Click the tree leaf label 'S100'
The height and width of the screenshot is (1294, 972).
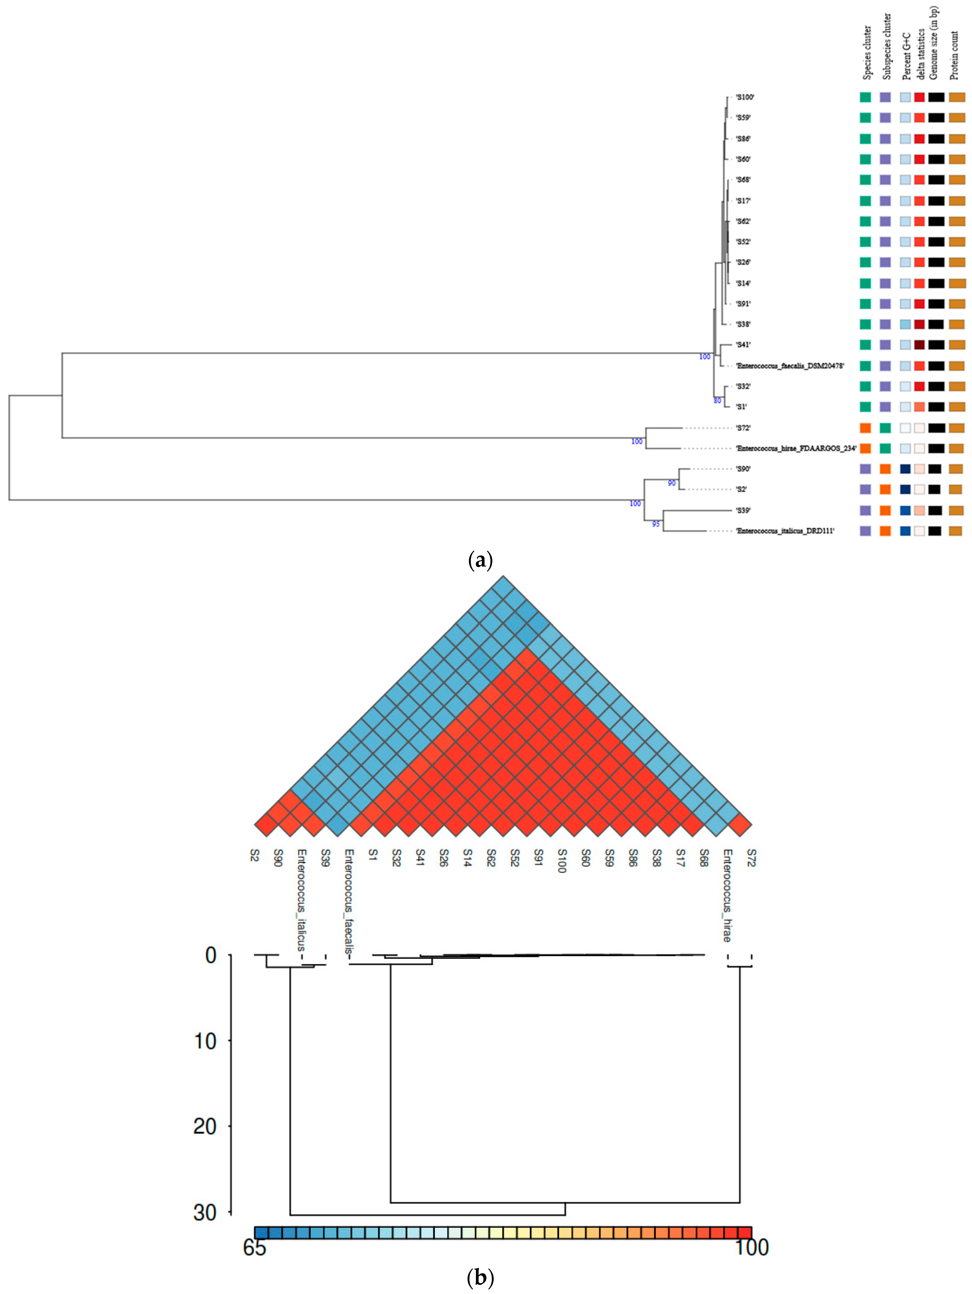(x=745, y=97)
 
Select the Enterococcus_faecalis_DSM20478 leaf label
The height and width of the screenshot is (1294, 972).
(x=790, y=365)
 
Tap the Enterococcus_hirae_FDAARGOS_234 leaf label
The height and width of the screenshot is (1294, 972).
(x=796, y=449)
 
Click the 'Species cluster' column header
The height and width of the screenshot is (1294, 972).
(x=867, y=53)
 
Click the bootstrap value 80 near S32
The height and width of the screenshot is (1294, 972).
(x=717, y=401)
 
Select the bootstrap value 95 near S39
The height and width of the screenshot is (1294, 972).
(x=655, y=524)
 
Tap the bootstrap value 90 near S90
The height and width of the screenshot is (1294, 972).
(x=671, y=483)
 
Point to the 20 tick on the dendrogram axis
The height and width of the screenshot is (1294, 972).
(x=205, y=1127)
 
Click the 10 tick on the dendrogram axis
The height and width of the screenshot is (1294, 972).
(x=205, y=1041)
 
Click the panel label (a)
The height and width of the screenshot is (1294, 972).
(x=480, y=560)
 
